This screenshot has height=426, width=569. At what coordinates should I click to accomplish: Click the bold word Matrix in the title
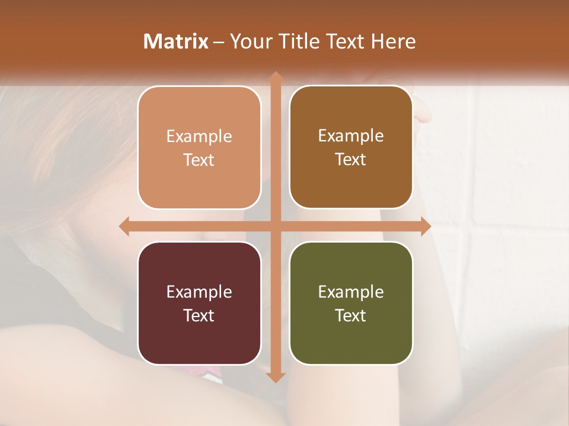click(176, 41)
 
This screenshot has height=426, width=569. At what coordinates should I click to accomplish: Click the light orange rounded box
click(199, 147)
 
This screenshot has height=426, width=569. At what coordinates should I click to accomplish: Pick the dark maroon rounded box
click(199, 303)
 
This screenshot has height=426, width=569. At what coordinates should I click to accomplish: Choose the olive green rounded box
click(351, 303)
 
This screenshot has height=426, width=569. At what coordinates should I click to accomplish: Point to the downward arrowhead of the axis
click(275, 377)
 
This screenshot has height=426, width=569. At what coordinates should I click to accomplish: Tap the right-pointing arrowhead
click(425, 227)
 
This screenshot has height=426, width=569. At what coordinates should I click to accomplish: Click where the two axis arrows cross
click(275, 227)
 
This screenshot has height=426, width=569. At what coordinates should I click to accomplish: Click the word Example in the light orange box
click(199, 137)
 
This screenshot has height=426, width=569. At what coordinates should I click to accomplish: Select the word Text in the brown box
click(351, 159)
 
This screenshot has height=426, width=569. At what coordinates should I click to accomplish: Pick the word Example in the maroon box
click(199, 292)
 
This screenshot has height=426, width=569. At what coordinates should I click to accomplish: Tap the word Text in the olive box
click(351, 315)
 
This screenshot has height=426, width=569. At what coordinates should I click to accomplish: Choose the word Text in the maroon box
click(199, 315)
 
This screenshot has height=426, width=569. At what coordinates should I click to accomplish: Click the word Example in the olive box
click(351, 292)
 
